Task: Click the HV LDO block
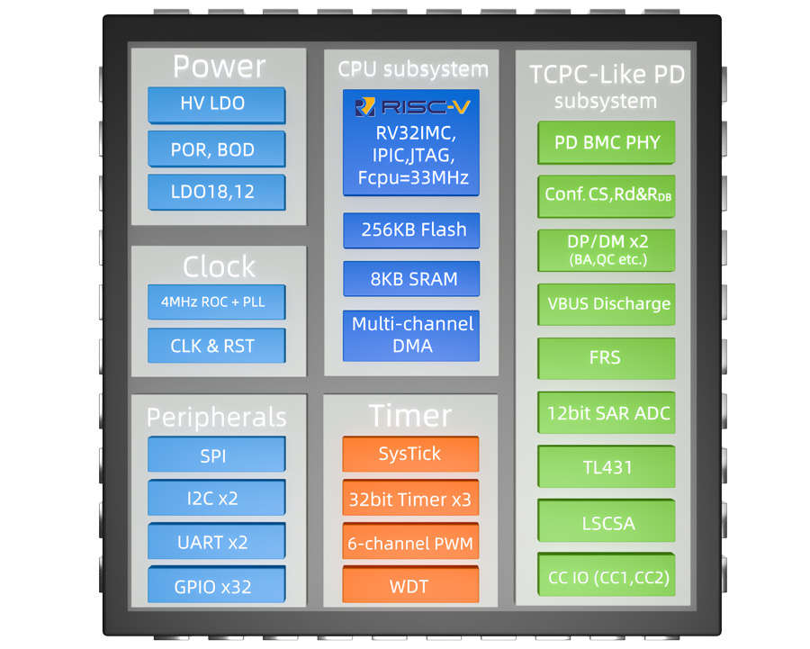coord(216,104)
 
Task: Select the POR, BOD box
coord(216,149)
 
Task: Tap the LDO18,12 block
coord(216,193)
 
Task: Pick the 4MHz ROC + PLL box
coord(216,302)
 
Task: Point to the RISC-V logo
coord(410,108)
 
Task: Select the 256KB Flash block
coord(410,230)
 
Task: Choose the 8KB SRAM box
coord(410,279)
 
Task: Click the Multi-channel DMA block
coord(410,335)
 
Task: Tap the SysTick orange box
coord(410,455)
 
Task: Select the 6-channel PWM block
coord(410,544)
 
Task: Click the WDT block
coord(410,586)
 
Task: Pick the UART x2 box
coord(216,543)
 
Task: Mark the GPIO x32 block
coord(216,587)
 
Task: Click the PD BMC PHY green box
coord(606,142)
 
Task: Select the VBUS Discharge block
coord(606,304)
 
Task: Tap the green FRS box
coord(606,358)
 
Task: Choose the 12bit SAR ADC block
coord(606,413)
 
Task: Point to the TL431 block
coord(606,467)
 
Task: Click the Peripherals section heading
coord(216,417)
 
